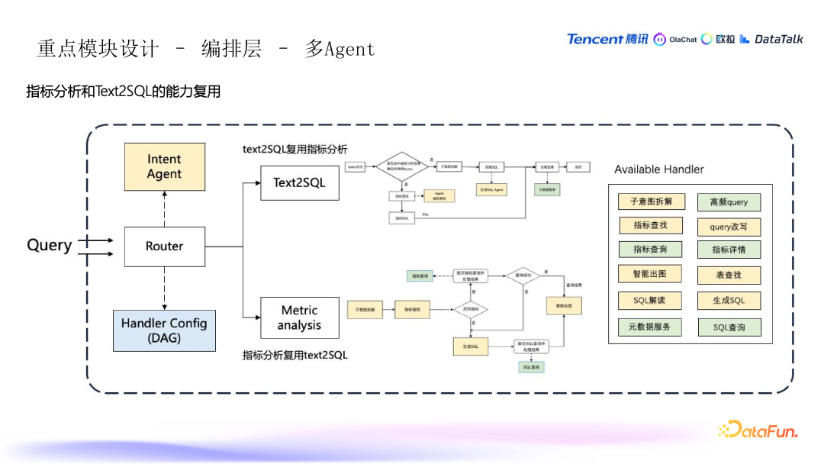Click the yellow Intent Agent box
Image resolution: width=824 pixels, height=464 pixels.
(x=165, y=166)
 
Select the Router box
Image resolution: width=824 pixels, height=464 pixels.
(x=165, y=246)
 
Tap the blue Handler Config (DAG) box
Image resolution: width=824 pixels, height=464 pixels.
(x=164, y=330)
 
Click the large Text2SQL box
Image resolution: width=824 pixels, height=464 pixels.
(x=299, y=183)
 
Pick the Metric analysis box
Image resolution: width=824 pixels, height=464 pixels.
(x=299, y=318)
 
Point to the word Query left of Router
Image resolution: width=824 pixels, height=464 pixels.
(x=50, y=245)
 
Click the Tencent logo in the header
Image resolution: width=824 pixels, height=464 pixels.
(x=607, y=39)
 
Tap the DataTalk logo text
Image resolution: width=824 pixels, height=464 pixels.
(x=778, y=39)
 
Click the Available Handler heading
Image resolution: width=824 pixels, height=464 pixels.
(x=659, y=169)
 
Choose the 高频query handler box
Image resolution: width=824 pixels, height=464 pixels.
(x=729, y=202)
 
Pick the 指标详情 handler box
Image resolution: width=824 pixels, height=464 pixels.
(x=729, y=250)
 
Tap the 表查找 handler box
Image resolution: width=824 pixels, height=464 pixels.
(x=729, y=275)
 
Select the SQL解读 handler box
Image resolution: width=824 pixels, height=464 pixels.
(x=651, y=300)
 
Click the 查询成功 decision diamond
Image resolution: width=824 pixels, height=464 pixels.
(x=523, y=275)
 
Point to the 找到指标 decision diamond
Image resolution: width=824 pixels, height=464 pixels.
(x=470, y=310)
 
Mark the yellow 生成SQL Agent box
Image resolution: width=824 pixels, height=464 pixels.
(x=492, y=188)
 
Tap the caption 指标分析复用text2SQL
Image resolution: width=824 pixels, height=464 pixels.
(x=295, y=355)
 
